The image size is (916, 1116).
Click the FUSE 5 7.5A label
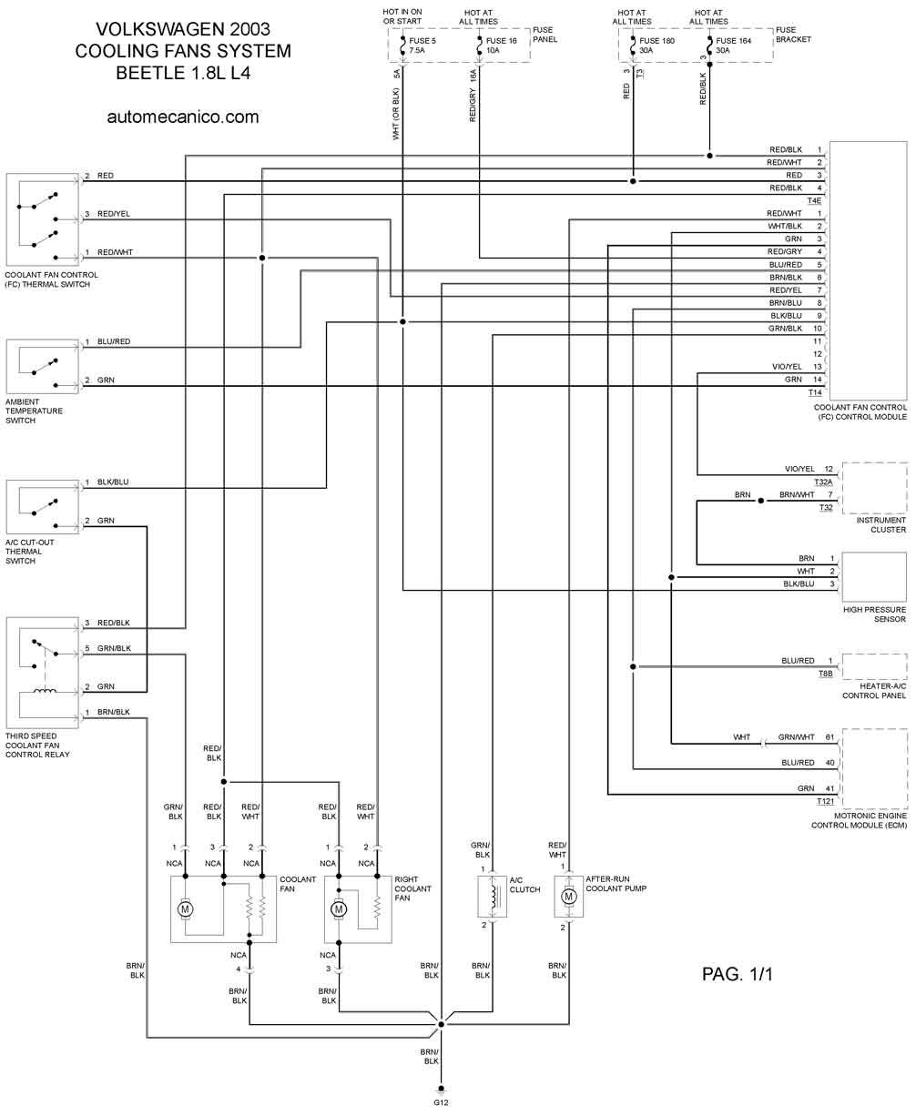tap(423, 46)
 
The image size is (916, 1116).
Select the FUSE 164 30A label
tap(736, 46)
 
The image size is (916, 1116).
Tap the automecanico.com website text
tap(183, 117)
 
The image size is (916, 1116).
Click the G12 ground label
tap(442, 1102)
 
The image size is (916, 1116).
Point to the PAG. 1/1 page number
tap(737, 974)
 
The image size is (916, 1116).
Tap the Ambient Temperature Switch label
tap(35, 411)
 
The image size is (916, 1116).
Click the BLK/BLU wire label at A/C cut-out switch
tap(113, 482)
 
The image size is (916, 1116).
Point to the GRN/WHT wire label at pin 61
tap(797, 737)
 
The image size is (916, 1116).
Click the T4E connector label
tap(814, 200)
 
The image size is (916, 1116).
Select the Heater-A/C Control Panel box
tap(874, 666)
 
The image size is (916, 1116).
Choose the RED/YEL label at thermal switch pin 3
tap(114, 214)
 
